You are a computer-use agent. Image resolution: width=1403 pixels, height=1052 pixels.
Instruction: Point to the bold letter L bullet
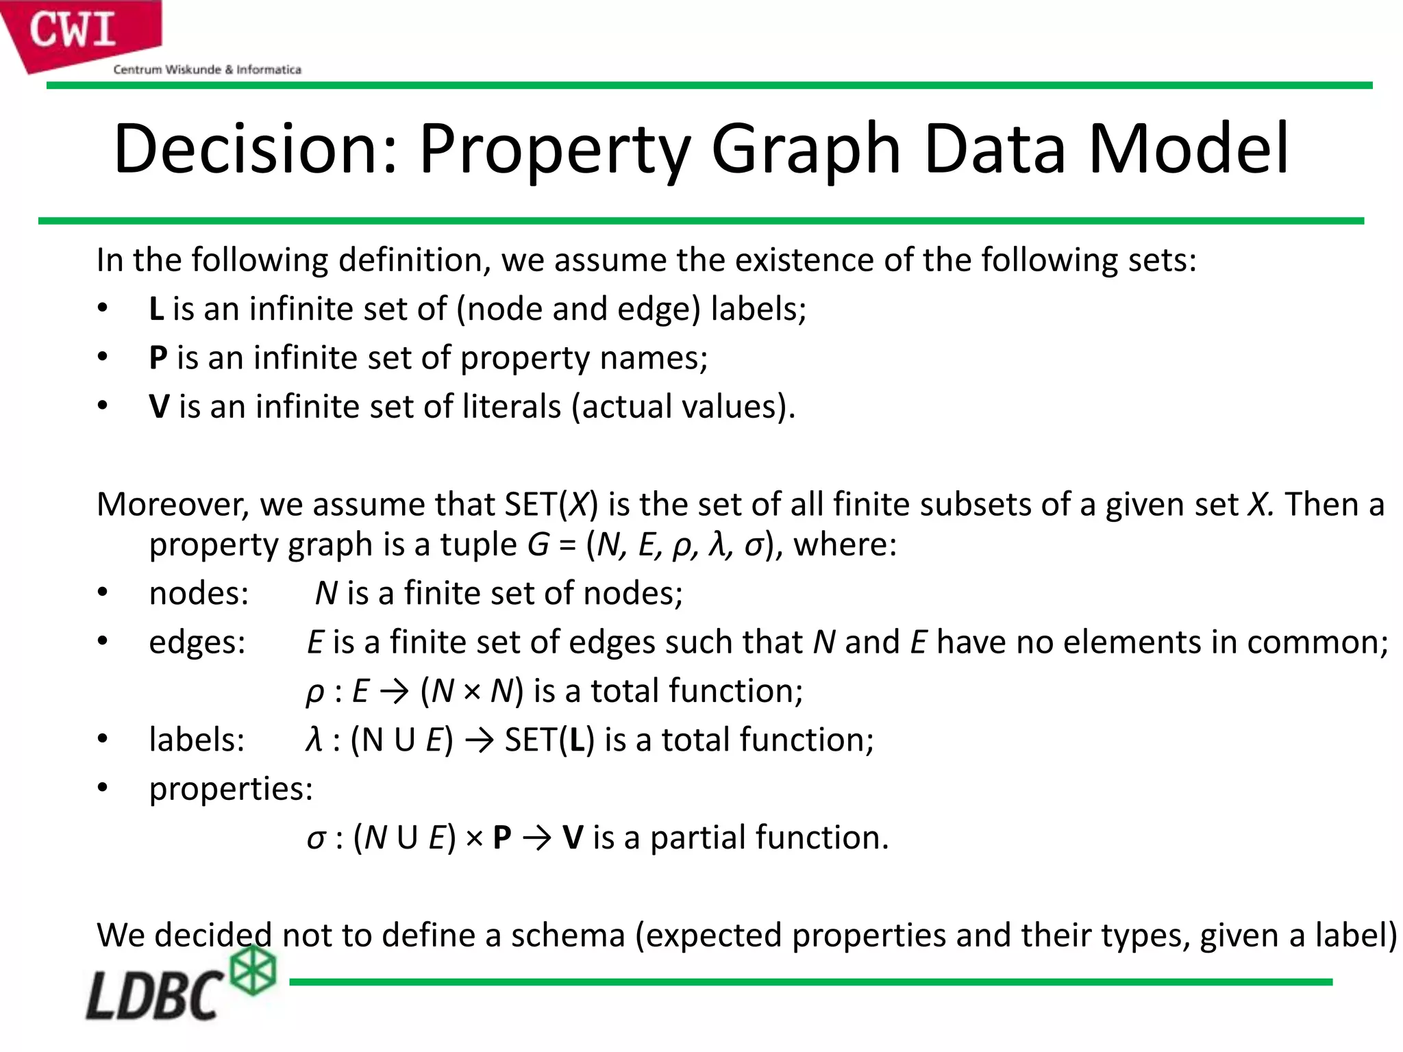[157, 309]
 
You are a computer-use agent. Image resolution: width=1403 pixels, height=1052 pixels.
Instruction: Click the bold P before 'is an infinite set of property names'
[158, 358]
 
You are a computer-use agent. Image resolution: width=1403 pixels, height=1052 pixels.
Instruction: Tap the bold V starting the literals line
[159, 407]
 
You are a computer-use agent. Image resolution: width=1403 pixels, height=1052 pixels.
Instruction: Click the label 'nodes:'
[199, 593]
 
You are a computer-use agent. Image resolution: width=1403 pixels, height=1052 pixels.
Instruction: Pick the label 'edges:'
[197, 642]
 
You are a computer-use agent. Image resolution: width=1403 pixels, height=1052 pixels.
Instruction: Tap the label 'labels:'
[197, 740]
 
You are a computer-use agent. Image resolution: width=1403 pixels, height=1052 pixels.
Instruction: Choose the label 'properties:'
[231, 789]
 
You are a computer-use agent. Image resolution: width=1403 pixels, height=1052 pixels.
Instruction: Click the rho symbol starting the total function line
[314, 692]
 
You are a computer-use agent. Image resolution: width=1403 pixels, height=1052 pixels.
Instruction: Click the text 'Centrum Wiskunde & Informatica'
[207, 69]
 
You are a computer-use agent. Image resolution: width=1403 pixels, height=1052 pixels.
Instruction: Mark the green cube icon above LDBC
[253, 969]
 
